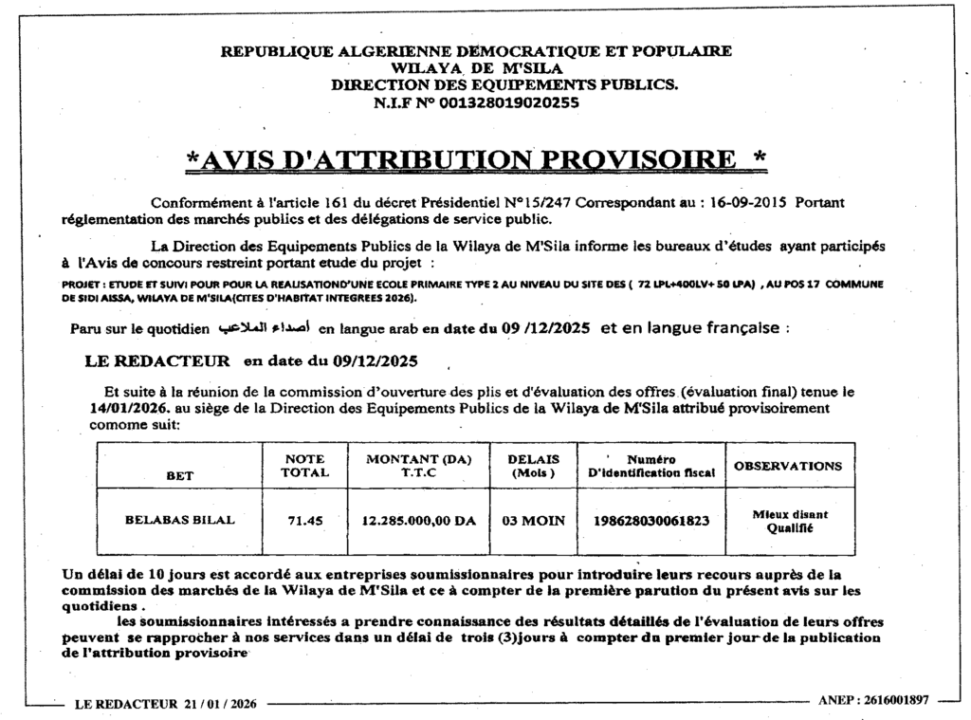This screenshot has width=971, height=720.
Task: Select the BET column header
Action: [180, 475]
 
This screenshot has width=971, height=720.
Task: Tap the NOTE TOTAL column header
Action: [305, 465]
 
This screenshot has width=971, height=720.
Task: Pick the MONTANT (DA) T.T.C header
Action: [418, 465]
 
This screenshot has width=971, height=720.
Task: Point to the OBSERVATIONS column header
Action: [788, 466]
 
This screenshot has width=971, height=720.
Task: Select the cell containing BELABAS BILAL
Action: [180, 520]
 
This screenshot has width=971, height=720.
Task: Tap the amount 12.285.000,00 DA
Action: [418, 521]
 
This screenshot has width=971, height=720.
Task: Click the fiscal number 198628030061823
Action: [650, 521]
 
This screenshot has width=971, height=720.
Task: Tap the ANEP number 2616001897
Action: [890, 700]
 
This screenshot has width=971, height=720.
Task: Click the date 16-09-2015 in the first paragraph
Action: [747, 202]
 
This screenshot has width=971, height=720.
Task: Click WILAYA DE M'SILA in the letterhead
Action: [477, 68]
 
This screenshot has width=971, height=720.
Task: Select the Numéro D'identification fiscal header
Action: [650, 465]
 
